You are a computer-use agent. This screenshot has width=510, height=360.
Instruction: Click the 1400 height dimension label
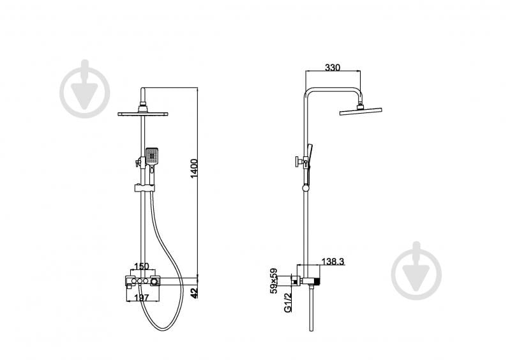coord(194,168)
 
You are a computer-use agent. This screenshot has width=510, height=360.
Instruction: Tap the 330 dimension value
coord(333,67)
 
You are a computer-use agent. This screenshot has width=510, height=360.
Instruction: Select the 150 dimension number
coord(142,267)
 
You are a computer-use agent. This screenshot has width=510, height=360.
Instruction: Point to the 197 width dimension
coord(142,297)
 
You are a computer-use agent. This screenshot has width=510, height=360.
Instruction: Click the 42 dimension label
coord(194,293)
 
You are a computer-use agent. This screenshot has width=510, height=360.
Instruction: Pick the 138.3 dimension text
coord(333,262)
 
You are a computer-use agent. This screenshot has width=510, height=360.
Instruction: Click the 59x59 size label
coord(274,281)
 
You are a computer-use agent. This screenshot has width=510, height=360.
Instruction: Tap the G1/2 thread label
coord(288,303)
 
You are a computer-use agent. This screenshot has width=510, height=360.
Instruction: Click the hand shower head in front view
coord(152,156)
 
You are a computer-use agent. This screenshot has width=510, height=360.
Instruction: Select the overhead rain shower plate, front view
coord(143,114)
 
